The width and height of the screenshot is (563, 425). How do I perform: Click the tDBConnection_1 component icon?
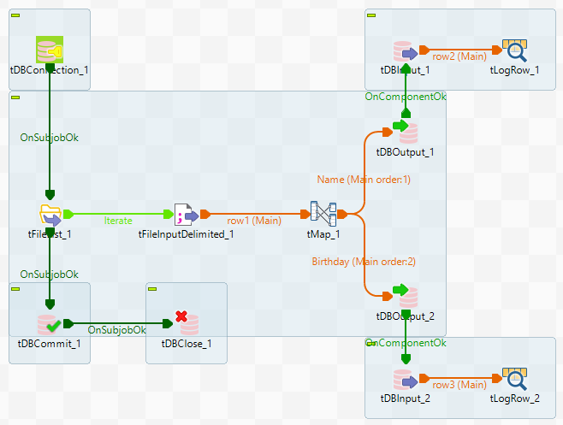49,51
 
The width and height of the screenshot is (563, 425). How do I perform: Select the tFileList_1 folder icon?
49,215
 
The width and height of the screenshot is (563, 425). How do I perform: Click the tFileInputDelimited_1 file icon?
185,215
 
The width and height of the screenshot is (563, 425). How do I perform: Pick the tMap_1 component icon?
323,215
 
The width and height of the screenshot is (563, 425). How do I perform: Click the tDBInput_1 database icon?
404,51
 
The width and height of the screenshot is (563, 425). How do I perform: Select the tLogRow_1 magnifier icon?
513,51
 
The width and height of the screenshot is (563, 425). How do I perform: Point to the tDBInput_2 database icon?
404,379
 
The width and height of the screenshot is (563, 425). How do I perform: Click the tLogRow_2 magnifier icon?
513,379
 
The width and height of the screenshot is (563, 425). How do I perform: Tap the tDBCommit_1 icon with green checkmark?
49,324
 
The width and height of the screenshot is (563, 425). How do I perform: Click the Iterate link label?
118,221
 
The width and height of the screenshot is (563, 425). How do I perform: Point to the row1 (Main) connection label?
254,221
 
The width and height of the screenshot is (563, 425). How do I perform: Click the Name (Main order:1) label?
364,180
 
